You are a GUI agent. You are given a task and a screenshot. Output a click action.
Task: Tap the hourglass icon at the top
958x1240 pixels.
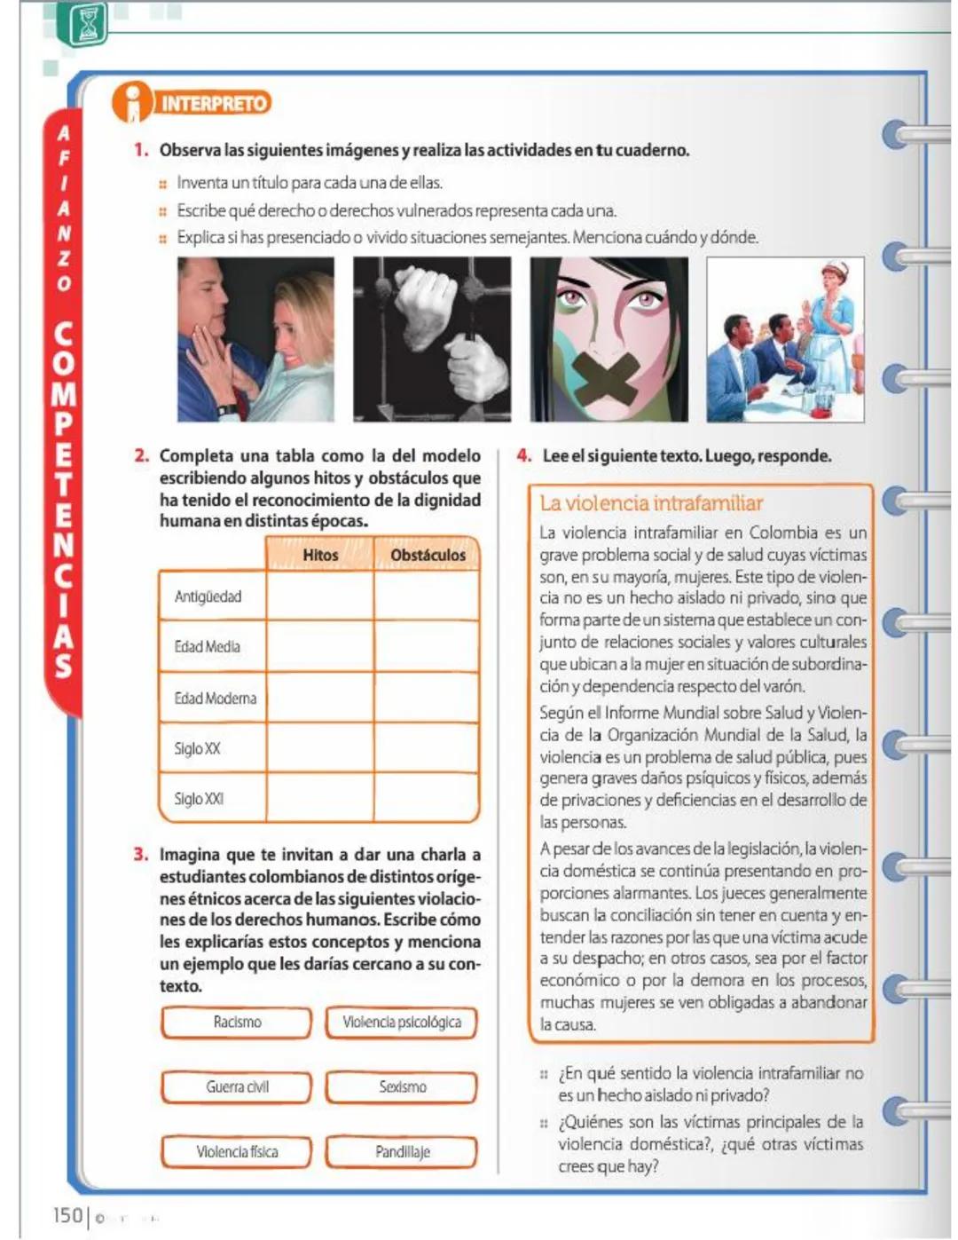pos(87,24)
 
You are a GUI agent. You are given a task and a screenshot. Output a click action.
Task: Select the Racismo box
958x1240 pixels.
pos(237,1022)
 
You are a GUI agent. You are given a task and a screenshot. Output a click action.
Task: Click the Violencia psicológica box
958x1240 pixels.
pos(401,1022)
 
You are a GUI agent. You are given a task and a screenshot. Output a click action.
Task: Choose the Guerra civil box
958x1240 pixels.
pos(237,1086)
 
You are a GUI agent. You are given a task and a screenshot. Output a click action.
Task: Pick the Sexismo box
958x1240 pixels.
pos(401,1086)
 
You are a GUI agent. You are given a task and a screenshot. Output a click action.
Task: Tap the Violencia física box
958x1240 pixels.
pos(237,1151)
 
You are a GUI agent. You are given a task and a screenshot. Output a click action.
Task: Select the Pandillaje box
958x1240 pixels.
pos(401,1151)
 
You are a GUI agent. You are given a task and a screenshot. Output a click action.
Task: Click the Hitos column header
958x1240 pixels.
pos(320,555)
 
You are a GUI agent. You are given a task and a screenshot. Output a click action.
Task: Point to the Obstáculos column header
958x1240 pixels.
pos(428,555)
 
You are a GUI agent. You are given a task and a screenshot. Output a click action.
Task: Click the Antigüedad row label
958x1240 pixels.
pos(208,596)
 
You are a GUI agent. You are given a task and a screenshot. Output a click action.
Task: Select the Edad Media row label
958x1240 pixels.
pos(207,647)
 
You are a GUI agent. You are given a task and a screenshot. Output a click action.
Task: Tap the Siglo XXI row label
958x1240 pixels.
pos(199,799)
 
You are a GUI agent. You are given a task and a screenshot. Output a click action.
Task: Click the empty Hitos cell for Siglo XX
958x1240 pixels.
pos(319,748)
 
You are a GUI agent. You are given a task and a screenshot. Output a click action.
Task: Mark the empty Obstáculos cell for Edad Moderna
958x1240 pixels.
pos(427,698)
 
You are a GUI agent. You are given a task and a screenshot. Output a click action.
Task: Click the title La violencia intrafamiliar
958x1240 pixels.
pos(651,503)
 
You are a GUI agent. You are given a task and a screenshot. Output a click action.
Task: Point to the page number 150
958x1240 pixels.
pos(67,1215)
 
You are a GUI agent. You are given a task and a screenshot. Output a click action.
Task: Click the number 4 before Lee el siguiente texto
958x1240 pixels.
pos(523,456)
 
